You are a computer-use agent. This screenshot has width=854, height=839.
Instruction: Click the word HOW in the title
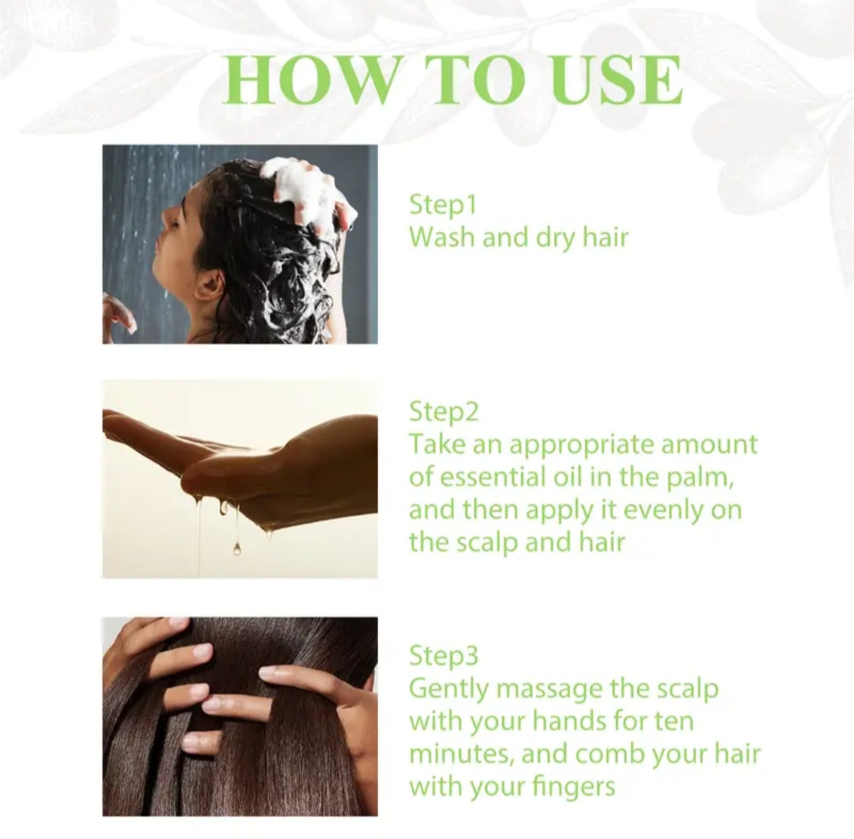pos(309,80)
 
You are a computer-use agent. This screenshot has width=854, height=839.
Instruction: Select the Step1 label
pos(443,205)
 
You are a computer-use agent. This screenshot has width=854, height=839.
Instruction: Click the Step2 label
pos(444,412)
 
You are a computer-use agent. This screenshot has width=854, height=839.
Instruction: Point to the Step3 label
pos(444,655)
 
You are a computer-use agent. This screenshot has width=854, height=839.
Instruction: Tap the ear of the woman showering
pos(210,286)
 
